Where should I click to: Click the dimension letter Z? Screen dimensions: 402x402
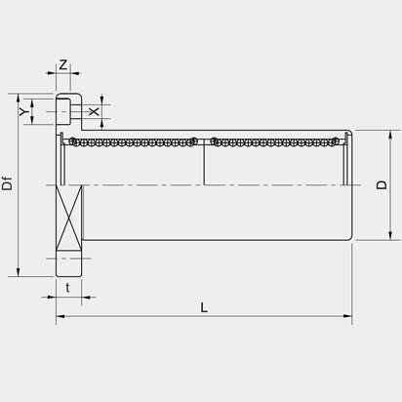pyautogui.click(x=63, y=65)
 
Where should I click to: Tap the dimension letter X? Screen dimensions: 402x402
pyautogui.click(x=94, y=112)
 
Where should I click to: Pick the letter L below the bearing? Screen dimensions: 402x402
pyautogui.click(x=203, y=307)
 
